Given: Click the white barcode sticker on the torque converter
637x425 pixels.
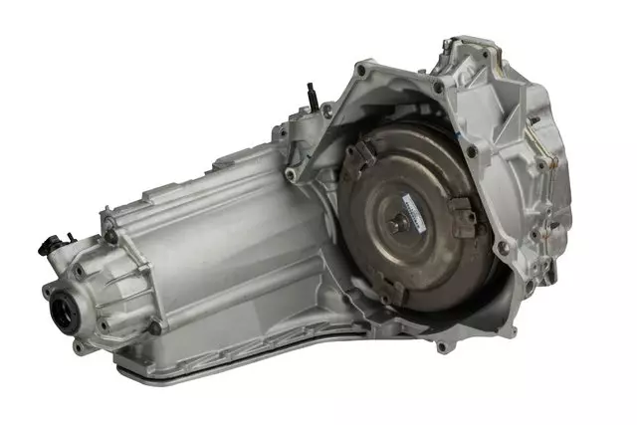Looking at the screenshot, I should click(411, 206).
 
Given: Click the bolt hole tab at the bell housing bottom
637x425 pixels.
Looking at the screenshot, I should click(441, 345).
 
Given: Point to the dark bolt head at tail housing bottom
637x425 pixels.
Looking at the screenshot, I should click(154, 326).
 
